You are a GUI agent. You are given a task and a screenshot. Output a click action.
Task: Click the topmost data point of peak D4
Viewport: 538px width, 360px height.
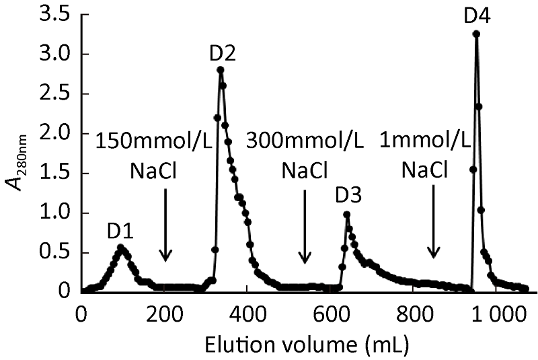476,34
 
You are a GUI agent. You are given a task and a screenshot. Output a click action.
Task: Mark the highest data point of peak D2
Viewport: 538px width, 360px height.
221,69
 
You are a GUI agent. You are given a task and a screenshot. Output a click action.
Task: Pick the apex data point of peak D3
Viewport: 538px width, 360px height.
347,215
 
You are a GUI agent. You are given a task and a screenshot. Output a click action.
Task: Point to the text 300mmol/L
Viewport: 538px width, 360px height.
305,142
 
